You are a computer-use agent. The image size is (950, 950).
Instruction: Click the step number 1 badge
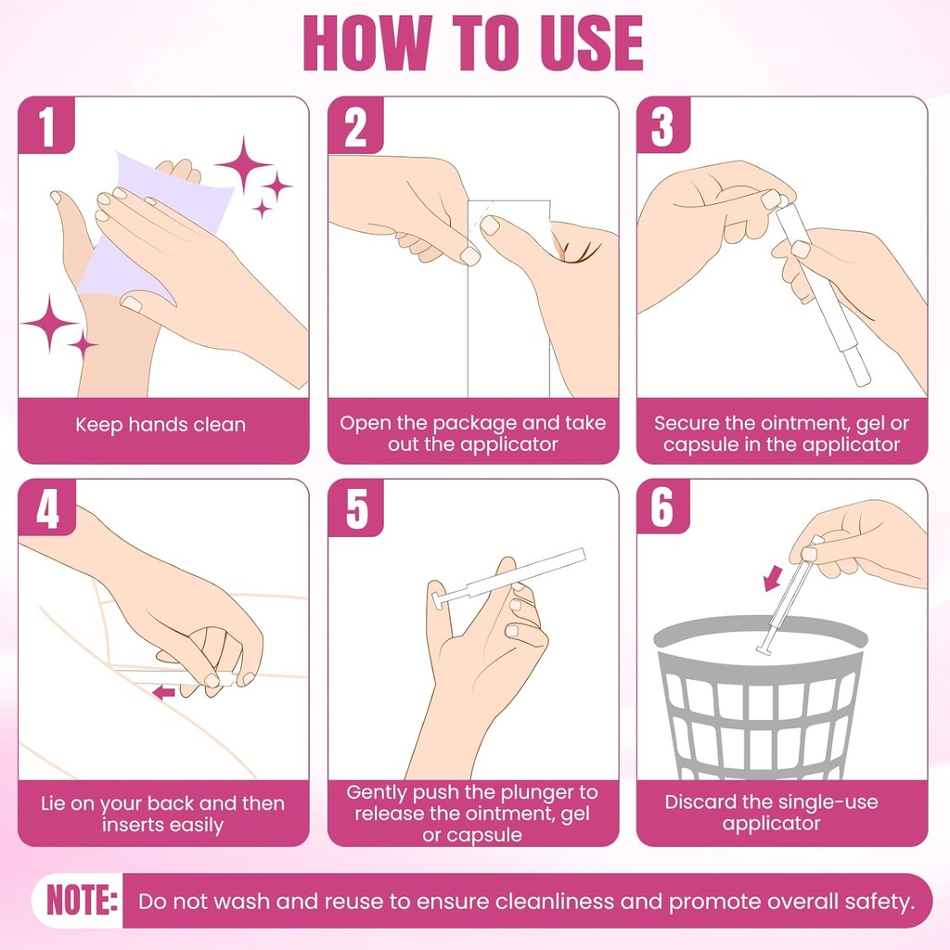click(x=47, y=127)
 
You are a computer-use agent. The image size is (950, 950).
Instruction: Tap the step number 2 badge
click(x=356, y=127)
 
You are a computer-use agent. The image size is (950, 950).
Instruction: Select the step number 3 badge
click(x=663, y=127)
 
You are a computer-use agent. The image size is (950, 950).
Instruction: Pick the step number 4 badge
click(x=47, y=508)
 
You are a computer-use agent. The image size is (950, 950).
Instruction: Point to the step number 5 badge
click(x=356, y=508)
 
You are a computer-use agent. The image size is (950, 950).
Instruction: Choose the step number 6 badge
click(x=663, y=508)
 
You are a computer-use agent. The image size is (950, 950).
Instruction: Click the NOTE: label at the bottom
click(x=82, y=901)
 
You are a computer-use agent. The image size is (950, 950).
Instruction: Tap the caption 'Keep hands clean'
click(x=160, y=425)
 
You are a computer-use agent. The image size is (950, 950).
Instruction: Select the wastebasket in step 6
click(x=760, y=705)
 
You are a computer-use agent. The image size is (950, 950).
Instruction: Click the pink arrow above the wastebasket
click(x=772, y=580)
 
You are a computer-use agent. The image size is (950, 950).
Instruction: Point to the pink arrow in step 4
click(x=163, y=692)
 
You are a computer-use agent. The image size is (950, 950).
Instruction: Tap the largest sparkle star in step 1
click(x=244, y=165)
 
